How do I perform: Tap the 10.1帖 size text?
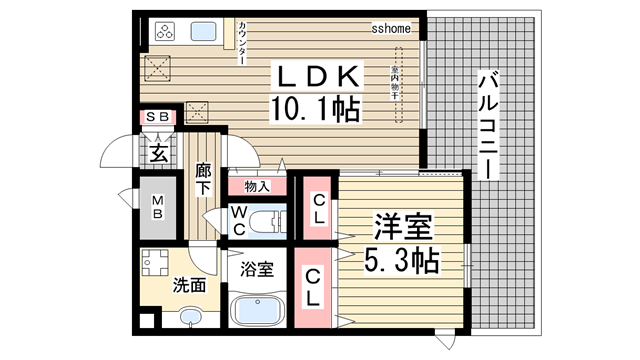313,107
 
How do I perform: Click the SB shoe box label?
158,118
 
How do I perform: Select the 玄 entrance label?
158,153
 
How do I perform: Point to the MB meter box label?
157,209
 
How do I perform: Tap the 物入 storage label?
256,186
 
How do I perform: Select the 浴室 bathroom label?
258,268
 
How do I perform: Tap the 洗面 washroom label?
191,285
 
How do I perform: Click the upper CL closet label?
316,208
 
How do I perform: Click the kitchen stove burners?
165,31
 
